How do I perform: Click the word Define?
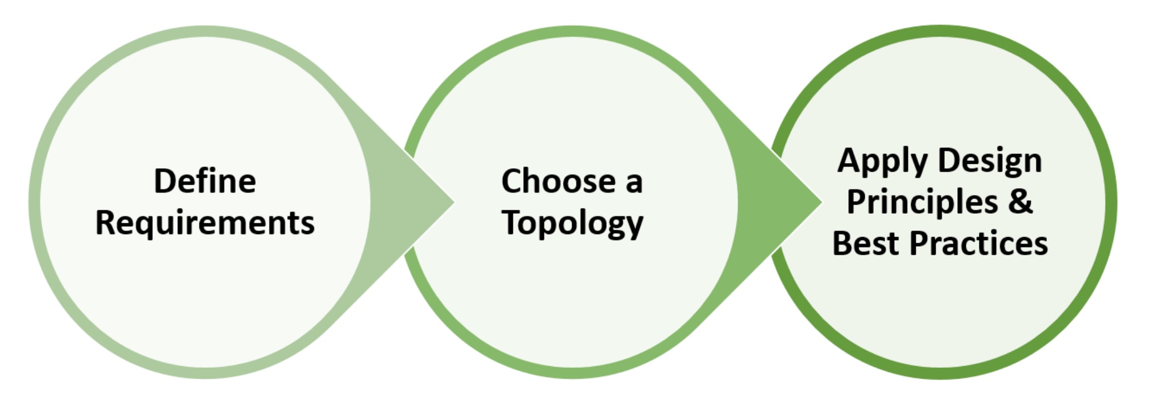205,181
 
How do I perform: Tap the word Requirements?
205,223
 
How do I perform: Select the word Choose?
558,181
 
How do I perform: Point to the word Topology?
572,223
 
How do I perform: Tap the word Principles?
922,202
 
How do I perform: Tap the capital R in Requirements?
105,222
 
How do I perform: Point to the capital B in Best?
843,243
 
